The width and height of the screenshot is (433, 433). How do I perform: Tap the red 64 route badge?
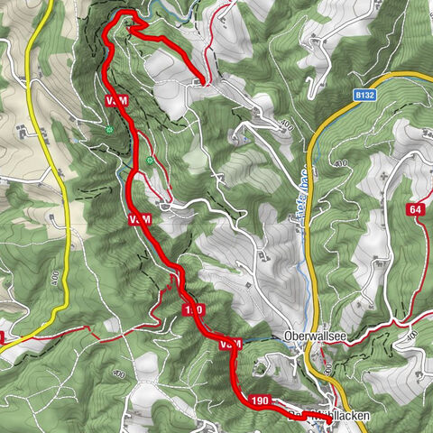click(x=415, y=209)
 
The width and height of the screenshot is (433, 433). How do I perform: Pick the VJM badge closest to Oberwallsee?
click(x=230, y=345)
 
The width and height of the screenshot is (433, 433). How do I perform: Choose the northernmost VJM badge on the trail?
click(x=115, y=99)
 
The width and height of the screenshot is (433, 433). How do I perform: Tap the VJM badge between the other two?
click(x=139, y=219)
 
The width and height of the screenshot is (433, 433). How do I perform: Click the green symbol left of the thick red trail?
click(x=108, y=131)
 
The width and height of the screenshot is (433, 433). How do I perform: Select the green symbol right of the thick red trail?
click(x=150, y=161)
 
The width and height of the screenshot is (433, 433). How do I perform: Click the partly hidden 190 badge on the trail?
click(x=193, y=310)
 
